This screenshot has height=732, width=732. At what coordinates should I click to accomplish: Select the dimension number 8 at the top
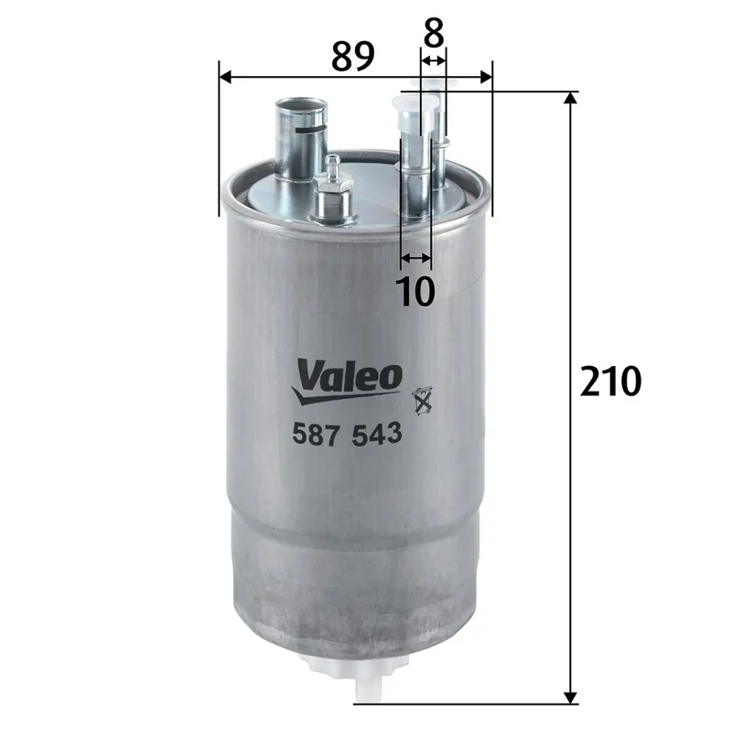tap(433, 33)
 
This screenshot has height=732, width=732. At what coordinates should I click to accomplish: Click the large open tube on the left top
tap(298, 137)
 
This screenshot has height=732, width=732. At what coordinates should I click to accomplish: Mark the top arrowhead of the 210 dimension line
tap(572, 98)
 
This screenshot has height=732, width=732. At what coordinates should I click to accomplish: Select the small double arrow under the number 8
tap(433, 59)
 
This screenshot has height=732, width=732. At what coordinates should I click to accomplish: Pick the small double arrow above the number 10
tap(415, 257)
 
